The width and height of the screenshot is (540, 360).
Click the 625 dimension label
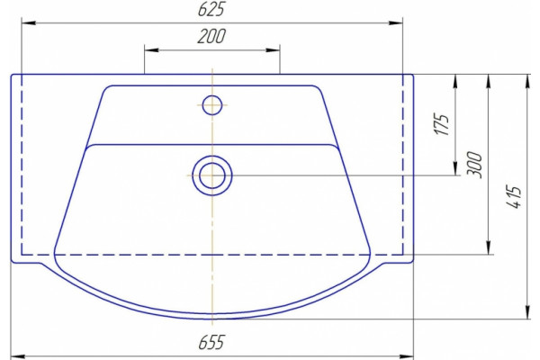[211, 9]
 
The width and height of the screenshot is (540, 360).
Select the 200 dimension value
[211, 36]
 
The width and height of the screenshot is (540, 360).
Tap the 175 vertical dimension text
[442, 123]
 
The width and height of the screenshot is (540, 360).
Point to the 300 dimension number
[474, 165]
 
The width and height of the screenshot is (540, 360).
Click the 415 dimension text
[514, 197]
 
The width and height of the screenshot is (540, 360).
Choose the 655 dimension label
[211, 342]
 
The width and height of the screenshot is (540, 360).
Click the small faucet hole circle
[212, 105]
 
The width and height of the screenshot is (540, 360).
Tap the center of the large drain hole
[212, 175]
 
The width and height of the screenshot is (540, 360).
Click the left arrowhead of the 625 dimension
[28, 23]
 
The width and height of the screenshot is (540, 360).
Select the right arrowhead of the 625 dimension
[396, 23]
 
